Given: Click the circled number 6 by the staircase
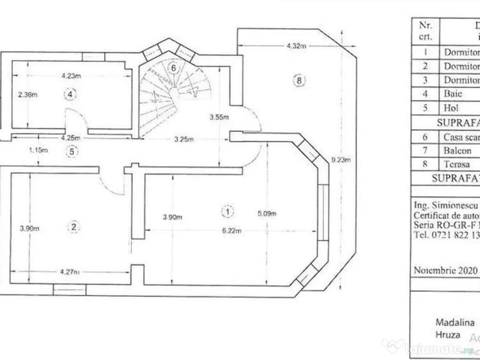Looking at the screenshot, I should tap(172, 67).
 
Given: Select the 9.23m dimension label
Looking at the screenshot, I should tap(342, 160).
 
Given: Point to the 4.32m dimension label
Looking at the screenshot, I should tap(295, 46).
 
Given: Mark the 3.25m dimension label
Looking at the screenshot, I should tap(184, 138).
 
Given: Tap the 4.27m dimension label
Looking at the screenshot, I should tap(70, 272).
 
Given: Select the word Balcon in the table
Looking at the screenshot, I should tap(458, 151).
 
